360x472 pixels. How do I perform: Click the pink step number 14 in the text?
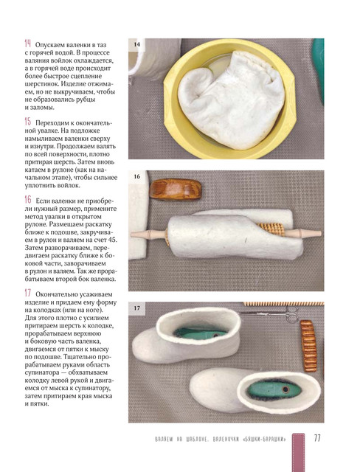[x=28, y=44]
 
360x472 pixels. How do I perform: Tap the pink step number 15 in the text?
[x=28, y=122]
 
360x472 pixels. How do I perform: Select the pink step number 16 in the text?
[x=28, y=200]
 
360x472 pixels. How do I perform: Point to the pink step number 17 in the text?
[x=28, y=293]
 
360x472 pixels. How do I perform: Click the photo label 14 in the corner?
[x=136, y=44]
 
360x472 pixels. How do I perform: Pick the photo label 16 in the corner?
[x=137, y=176]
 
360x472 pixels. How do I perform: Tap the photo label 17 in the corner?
[x=137, y=308]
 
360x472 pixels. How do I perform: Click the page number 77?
[x=317, y=438]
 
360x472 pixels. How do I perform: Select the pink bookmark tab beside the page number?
[x=298, y=452]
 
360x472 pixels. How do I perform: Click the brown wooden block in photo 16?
[x=176, y=190]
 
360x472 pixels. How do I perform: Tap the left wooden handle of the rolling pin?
[x=148, y=235]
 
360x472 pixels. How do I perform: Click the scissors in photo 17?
[x=272, y=313]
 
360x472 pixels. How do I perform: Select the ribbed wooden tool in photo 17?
[x=308, y=346]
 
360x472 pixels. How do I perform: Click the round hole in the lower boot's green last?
[x=285, y=390]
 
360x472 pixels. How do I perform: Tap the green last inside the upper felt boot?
[x=200, y=334]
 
